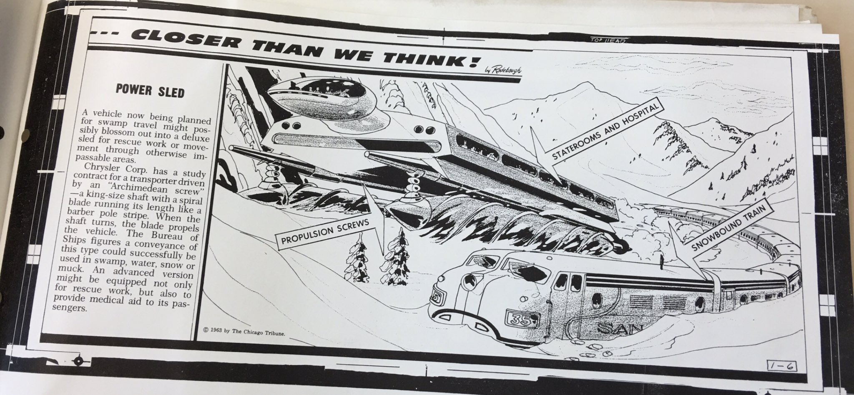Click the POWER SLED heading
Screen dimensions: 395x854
coord(150,91)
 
